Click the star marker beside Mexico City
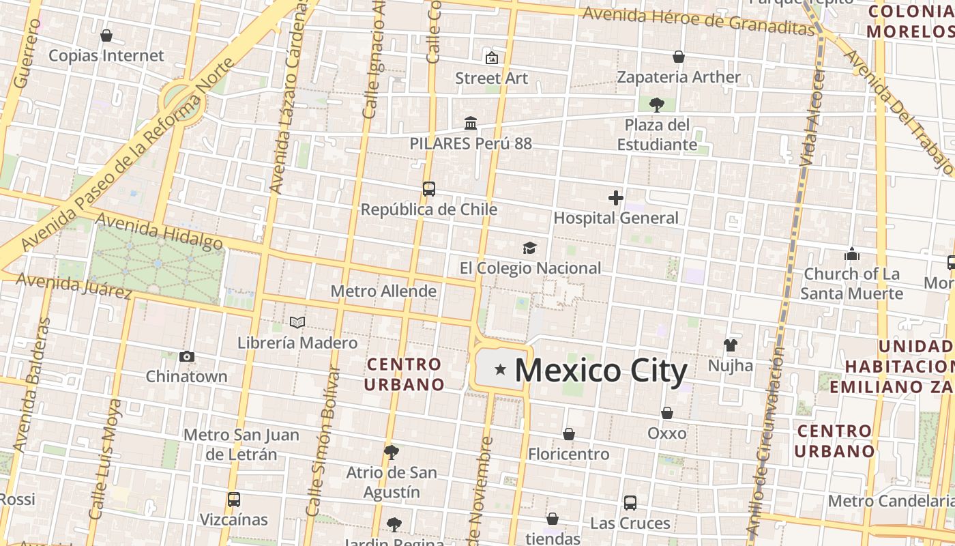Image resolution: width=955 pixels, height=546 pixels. pyautogui.click(x=500, y=370)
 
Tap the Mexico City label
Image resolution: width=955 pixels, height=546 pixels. pyautogui.click(x=600, y=371)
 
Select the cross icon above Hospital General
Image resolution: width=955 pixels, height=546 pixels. pyautogui.click(x=615, y=198)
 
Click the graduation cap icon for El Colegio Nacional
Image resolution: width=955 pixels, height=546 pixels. pyautogui.click(x=529, y=248)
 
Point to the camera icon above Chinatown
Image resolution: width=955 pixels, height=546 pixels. pyautogui.click(x=186, y=356)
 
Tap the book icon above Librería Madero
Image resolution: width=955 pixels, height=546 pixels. pyautogui.click(x=297, y=322)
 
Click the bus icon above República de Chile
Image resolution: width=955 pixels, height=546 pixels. pyautogui.click(x=428, y=189)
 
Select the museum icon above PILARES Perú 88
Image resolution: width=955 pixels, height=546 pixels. pyautogui.click(x=470, y=124)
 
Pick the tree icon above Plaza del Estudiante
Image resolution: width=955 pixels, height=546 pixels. pyautogui.click(x=656, y=104)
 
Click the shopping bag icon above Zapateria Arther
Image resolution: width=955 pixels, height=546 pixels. pyautogui.click(x=678, y=57)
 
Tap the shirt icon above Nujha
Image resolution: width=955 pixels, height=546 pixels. pyautogui.click(x=730, y=345)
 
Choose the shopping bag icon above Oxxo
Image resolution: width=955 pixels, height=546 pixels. pyautogui.click(x=666, y=413)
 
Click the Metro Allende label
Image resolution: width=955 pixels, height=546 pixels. pyautogui.click(x=383, y=291)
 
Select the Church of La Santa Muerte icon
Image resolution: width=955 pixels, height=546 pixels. pyautogui.click(x=851, y=255)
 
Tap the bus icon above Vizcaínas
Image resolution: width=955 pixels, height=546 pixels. pyautogui.click(x=233, y=499)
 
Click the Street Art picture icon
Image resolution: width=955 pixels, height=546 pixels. pyautogui.click(x=491, y=58)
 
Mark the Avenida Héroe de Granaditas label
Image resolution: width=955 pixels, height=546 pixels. pyautogui.click(x=699, y=20)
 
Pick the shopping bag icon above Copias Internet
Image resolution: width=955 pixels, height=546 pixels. pyautogui.click(x=106, y=35)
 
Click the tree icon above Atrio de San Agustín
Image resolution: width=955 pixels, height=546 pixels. pyautogui.click(x=391, y=452)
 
